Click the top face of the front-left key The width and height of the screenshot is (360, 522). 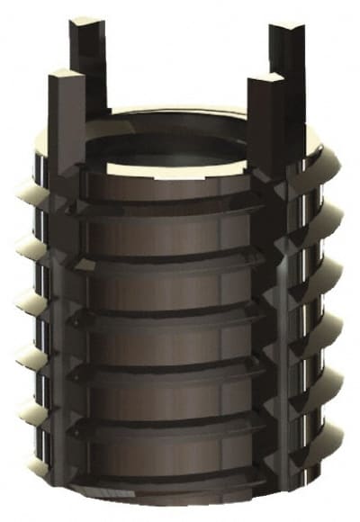point(67,75)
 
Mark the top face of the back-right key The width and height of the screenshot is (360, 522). point(286,28)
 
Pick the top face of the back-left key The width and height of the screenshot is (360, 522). point(87,21)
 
